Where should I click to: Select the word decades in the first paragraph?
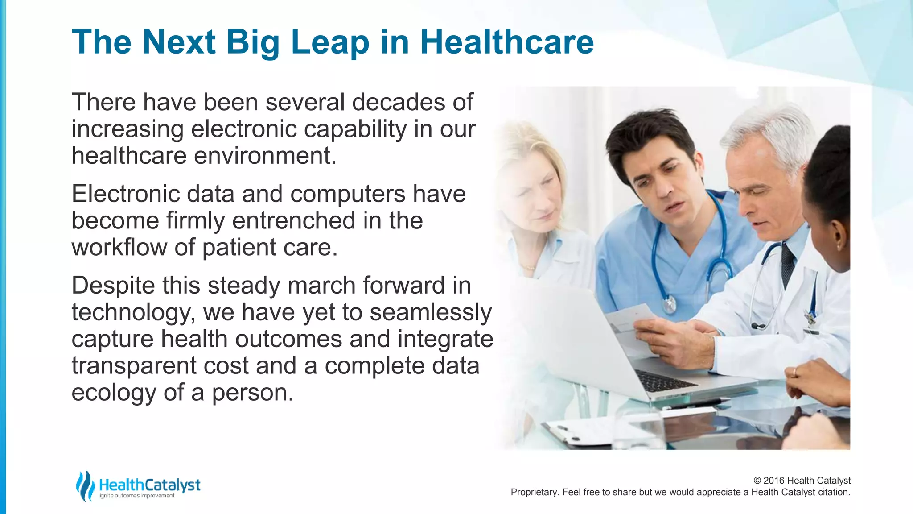coord(399,102)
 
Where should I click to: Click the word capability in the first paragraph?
coord(355,129)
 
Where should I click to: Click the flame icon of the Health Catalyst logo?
coord(85,485)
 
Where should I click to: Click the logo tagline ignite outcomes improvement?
coord(136,496)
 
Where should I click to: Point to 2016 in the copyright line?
coord(774,481)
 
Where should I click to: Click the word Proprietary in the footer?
coord(534,492)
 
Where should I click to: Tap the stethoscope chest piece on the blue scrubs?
coord(669,305)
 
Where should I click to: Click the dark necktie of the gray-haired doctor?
coord(788,263)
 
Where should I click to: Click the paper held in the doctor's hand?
coord(631,319)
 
